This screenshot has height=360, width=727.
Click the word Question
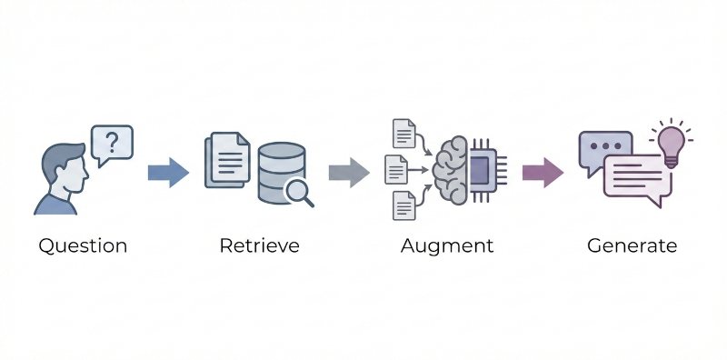[x=82, y=245]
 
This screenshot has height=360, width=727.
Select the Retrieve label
[x=259, y=245]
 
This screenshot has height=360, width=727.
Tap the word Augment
[x=447, y=245]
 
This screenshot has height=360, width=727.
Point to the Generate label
[x=632, y=245]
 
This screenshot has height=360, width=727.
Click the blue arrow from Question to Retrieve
[x=167, y=171]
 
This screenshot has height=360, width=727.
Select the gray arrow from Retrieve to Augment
[x=348, y=171]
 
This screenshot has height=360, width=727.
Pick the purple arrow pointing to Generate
[x=542, y=171]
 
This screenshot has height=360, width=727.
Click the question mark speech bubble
[x=112, y=144]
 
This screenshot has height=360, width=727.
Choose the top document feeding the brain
[x=403, y=134]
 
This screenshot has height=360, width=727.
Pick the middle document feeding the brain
[x=395, y=169]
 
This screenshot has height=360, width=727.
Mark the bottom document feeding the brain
[x=403, y=205]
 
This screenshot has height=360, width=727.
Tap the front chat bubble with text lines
[x=636, y=176]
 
